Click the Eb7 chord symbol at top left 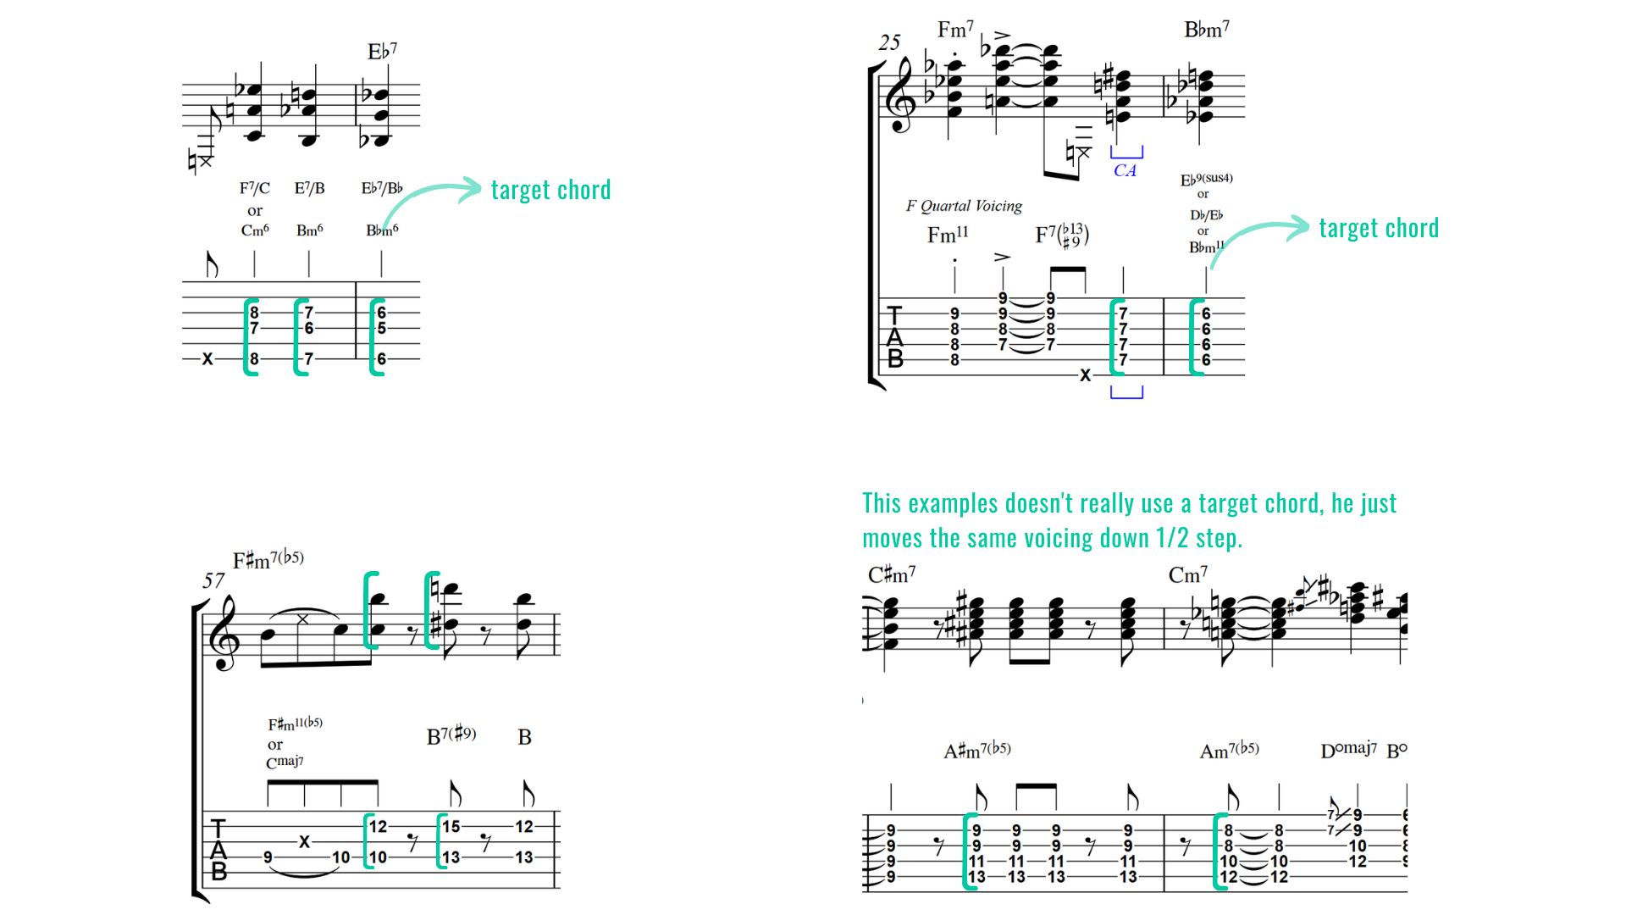click(x=382, y=52)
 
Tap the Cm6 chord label click(x=255, y=230)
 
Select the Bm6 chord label click(x=309, y=230)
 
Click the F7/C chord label click(x=254, y=188)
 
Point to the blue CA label click(x=1125, y=170)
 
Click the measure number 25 click(x=889, y=42)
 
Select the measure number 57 click(x=213, y=580)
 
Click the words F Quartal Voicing click(x=964, y=206)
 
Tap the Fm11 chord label click(x=948, y=235)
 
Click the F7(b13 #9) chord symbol click(x=1062, y=235)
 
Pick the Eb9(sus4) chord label click(x=1206, y=180)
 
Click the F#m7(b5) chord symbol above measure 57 click(x=268, y=559)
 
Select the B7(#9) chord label click(x=451, y=735)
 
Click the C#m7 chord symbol click(x=891, y=575)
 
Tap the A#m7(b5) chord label click(x=977, y=750)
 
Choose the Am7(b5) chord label click(x=1229, y=750)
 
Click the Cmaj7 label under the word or click(x=285, y=762)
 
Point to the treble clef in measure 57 click(x=224, y=634)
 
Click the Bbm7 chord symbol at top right click(x=1206, y=30)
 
